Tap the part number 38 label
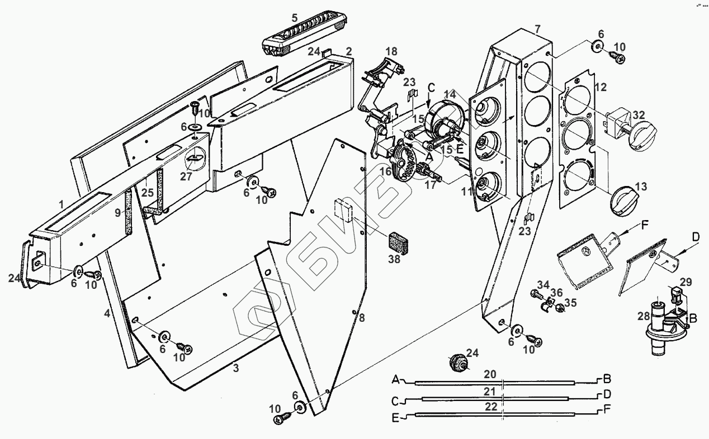[x=395, y=260]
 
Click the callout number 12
[x=601, y=87]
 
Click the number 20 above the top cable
[x=490, y=374]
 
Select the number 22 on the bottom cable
[x=490, y=407]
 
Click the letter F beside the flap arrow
[x=645, y=226]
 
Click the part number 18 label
[x=391, y=51]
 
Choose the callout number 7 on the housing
[x=537, y=28]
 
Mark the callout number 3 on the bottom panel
[x=236, y=368]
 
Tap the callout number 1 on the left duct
[x=61, y=204]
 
